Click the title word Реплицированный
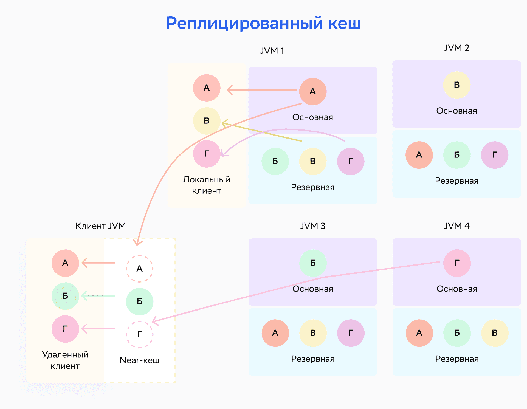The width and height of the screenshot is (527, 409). (x=244, y=23)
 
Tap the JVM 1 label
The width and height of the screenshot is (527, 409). (x=272, y=51)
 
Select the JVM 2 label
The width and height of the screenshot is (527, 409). (x=456, y=48)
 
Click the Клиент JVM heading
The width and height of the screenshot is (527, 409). (x=100, y=226)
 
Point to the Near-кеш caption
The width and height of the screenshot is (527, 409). (x=139, y=360)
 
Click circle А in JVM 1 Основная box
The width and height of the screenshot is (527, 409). (x=313, y=91)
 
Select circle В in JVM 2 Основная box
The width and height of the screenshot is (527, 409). (x=457, y=85)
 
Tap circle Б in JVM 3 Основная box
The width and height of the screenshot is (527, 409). (x=313, y=263)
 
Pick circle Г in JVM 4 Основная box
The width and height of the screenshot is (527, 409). (x=457, y=263)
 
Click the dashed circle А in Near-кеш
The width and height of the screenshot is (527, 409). (x=139, y=269)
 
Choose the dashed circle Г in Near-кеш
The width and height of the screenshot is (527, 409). (x=139, y=334)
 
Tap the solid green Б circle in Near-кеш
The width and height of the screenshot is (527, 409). (x=139, y=301)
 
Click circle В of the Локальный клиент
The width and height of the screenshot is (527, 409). (x=207, y=121)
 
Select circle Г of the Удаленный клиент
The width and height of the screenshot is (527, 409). (x=65, y=329)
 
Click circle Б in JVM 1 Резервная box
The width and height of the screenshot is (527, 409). (x=275, y=161)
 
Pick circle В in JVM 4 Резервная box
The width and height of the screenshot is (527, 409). (x=495, y=333)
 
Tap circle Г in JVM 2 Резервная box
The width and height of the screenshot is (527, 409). (x=494, y=155)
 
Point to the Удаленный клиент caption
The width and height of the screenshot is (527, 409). (x=65, y=360)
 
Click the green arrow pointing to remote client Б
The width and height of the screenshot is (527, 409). (x=98, y=296)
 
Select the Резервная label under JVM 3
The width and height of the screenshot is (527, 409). (x=313, y=359)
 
